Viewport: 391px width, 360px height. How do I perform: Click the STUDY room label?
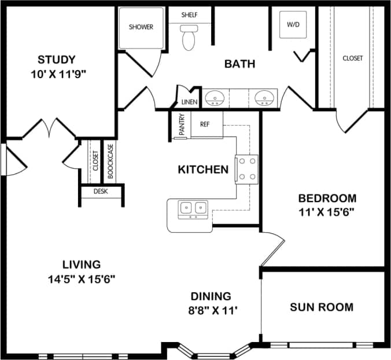pyautogui.click(x=57, y=60)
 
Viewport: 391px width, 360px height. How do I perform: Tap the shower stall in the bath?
pyautogui.click(x=141, y=27)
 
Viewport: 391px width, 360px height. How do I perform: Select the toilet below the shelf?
pyautogui.click(x=189, y=39)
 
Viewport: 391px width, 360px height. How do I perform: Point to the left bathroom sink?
pyautogui.click(x=215, y=97)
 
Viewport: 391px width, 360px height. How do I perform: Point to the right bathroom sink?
pyautogui.click(x=264, y=97)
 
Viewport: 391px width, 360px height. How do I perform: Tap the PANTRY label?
pyautogui.click(x=181, y=125)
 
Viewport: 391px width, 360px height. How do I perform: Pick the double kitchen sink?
pyautogui.click(x=193, y=208)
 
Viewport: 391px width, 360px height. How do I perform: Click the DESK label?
pyautogui.click(x=101, y=190)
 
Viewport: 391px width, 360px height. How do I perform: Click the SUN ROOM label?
pyautogui.click(x=322, y=307)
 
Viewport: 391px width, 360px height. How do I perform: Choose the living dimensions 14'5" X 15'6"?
pyautogui.click(x=83, y=278)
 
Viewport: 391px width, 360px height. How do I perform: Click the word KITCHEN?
pyautogui.click(x=202, y=170)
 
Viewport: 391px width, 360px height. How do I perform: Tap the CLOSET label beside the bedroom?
pyautogui.click(x=352, y=58)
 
